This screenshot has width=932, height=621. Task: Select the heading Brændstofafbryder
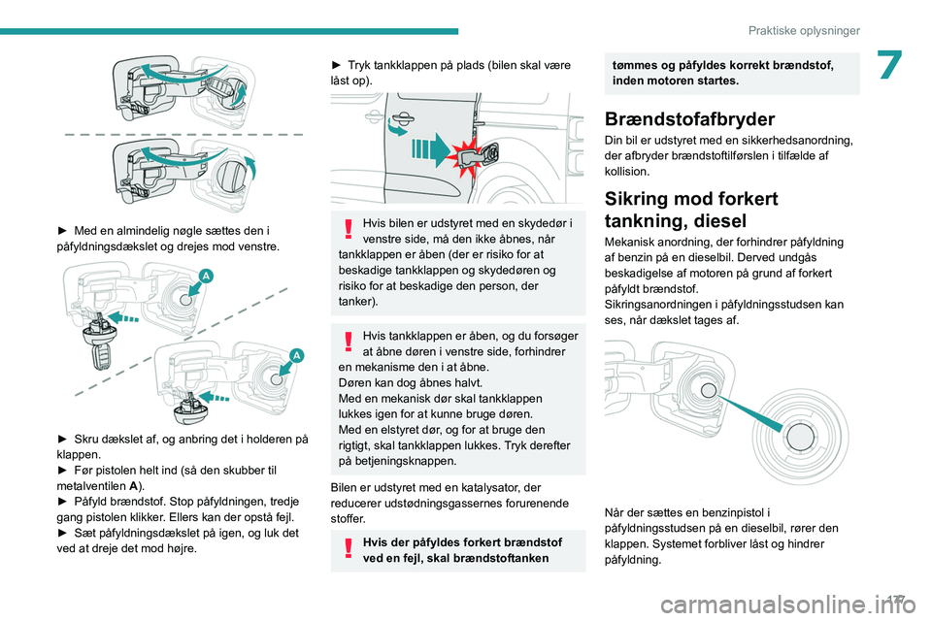coord(689,119)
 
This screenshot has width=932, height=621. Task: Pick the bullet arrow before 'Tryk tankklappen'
coord(337,65)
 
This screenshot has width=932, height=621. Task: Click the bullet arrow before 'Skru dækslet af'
coord(63,439)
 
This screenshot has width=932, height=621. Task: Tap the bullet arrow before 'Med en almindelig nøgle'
coord(63,231)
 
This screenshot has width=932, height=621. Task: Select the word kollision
coord(626,171)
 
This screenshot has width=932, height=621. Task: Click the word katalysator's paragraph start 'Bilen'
coord(346,488)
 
